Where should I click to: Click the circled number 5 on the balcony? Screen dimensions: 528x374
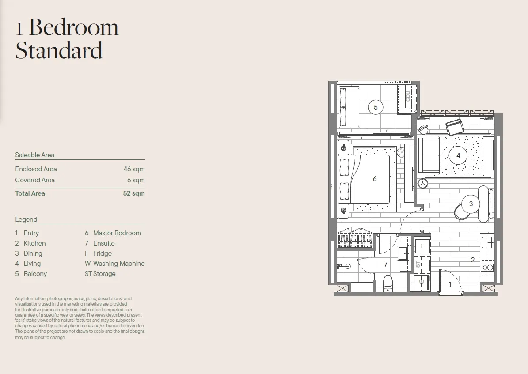[x=376, y=107]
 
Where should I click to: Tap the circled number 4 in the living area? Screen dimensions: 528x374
[x=458, y=155]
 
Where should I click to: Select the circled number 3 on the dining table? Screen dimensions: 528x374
[x=471, y=204]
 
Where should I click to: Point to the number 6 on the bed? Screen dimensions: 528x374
[x=374, y=179]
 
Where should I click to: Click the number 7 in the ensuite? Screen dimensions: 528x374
[x=386, y=264]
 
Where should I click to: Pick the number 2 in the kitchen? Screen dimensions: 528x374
[x=473, y=260]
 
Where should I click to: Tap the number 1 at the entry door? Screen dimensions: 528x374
[x=450, y=284]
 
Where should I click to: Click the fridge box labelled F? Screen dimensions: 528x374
[x=422, y=246]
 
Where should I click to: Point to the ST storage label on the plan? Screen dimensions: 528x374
[x=418, y=264]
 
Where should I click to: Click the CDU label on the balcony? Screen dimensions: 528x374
[x=408, y=96]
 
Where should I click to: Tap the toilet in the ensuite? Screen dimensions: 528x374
[x=388, y=283]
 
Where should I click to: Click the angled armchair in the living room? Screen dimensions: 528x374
[x=455, y=127]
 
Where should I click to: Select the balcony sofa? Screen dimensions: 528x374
[x=349, y=107]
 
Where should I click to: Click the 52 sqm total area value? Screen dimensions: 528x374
[x=134, y=193]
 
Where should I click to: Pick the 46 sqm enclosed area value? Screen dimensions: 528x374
[x=134, y=169]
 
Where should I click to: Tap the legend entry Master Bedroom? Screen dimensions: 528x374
[x=117, y=233]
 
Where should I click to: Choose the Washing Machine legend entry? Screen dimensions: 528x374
[x=119, y=264]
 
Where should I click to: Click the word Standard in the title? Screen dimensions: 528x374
[x=59, y=50]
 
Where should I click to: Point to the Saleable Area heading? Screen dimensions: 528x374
[x=34, y=155]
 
